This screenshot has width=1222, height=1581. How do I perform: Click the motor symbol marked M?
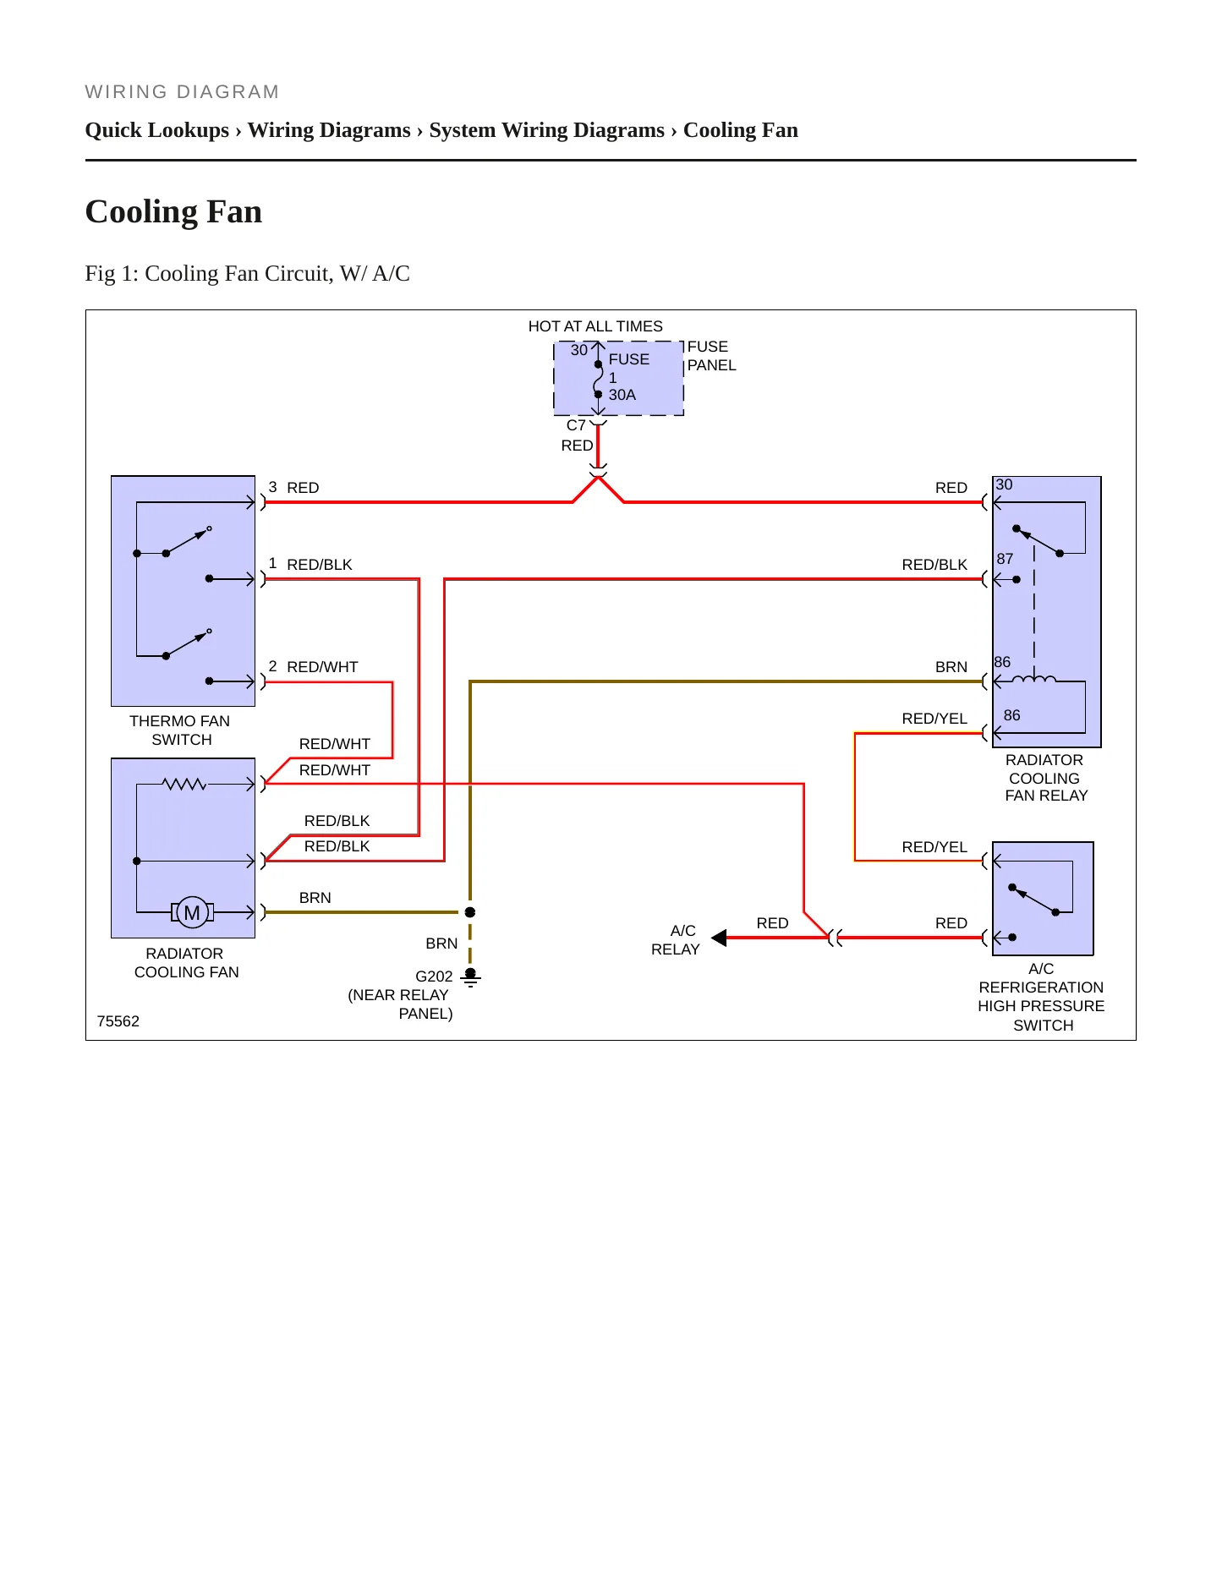[192, 912]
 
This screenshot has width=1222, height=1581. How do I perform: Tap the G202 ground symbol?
[470, 978]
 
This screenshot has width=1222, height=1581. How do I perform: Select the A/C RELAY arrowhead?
[719, 938]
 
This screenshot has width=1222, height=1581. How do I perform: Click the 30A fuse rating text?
[622, 395]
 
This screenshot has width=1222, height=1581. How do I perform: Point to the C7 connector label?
[576, 425]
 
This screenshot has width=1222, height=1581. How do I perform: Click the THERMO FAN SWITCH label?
[180, 730]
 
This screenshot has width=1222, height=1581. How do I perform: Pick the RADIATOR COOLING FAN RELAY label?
[1045, 778]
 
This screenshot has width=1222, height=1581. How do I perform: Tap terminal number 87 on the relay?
[1005, 559]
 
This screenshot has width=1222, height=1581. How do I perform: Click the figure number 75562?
[118, 1021]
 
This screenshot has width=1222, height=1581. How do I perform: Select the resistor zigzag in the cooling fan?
[184, 785]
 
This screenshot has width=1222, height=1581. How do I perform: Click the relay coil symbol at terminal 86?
[1033, 678]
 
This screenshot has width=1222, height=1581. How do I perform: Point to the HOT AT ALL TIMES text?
[595, 326]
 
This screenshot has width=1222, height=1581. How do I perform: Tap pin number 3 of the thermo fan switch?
[272, 487]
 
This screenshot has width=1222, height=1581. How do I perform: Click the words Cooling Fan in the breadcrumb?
[741, 130]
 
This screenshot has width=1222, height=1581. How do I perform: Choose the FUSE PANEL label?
[711, 356]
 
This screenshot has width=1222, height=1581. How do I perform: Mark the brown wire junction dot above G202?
[470, 912]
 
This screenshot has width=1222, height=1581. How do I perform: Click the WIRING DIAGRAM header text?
[183, 92]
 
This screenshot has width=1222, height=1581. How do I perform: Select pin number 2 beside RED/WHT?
[272, 666]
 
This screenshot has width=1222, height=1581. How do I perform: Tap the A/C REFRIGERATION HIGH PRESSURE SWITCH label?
[1042, 997]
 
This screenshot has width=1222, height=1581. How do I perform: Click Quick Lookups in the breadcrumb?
[157, 130]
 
